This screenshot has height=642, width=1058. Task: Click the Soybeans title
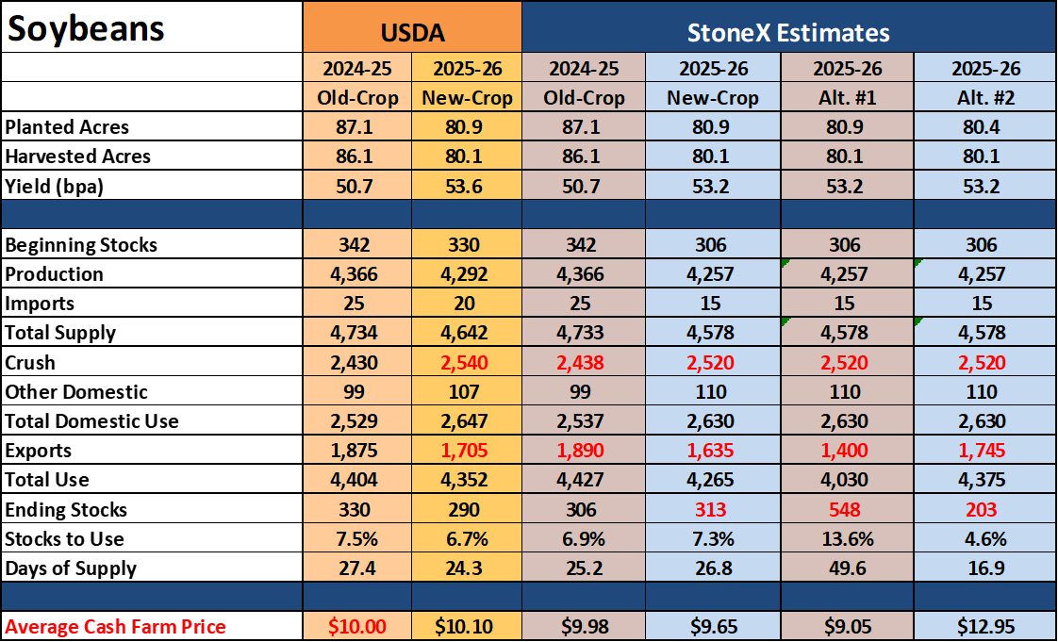point(86,28)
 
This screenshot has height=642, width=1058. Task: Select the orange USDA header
point(412,32)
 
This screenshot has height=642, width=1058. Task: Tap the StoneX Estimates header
point(788,32)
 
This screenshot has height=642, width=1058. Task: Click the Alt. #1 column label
point(847,98)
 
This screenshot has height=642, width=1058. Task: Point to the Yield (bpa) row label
point(55,186)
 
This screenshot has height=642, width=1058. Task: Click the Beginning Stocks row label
point(81,245)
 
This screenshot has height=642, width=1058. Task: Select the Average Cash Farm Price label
point(115,627)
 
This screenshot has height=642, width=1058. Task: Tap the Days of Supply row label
point(71,568)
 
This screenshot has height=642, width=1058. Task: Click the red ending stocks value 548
point(846,509)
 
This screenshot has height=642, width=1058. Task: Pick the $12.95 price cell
point(985,627)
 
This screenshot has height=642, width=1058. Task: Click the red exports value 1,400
point(846,451)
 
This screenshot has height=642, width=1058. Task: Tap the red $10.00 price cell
point(356,627)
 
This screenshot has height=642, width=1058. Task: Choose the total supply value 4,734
point(355,333)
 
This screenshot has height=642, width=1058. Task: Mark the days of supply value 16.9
point(985,568)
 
